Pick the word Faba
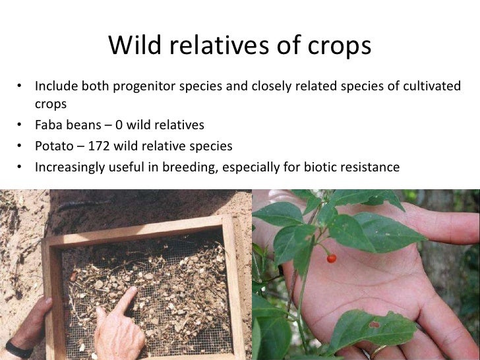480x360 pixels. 48,125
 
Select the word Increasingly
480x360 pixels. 69,167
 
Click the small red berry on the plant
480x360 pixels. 332,258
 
